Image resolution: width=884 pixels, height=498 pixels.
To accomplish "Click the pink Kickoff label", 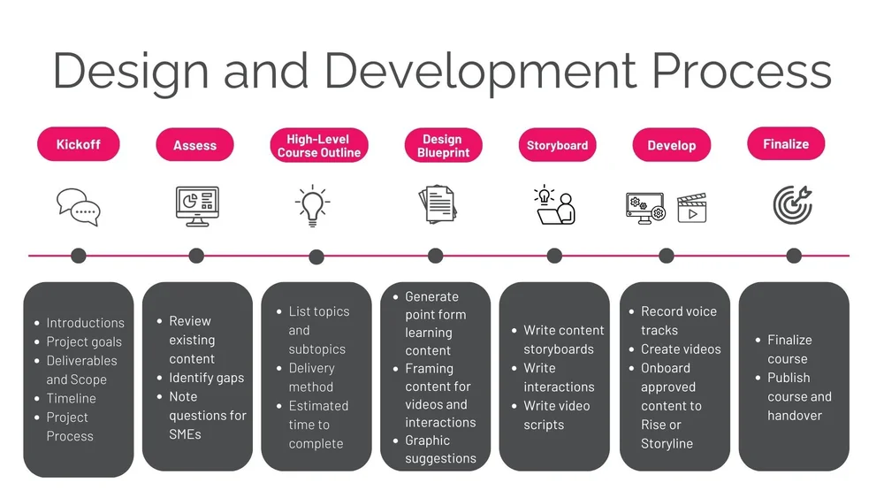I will pos(78,144).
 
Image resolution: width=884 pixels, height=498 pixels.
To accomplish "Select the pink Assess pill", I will pos(194,145).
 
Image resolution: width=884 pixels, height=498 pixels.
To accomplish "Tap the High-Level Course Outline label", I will pos(318,146).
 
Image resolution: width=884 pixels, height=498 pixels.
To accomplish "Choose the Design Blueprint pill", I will pos(442,146).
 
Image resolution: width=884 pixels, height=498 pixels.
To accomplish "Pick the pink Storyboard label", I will pos(557,145).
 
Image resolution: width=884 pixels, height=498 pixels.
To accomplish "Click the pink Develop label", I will pos(672,145).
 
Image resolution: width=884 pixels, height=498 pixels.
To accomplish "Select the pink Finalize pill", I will pos(786,143).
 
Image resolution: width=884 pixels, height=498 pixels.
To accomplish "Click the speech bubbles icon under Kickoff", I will pos(79,207).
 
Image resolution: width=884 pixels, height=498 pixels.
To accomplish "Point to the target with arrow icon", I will pos(791,205).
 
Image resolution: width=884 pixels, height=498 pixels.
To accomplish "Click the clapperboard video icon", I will pos(692,209).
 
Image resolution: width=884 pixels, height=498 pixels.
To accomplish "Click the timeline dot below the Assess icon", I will pos(196,256).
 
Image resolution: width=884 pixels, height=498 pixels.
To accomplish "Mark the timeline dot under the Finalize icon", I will pos(794,256).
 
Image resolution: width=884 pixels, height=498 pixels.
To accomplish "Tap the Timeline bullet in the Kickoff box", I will pos(71,398).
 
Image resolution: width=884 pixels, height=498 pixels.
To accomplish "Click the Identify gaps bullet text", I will pos(206,378).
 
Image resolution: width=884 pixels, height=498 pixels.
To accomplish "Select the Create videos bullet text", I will pos(681,349).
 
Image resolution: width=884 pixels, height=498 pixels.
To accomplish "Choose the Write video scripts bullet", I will pos(556,415).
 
